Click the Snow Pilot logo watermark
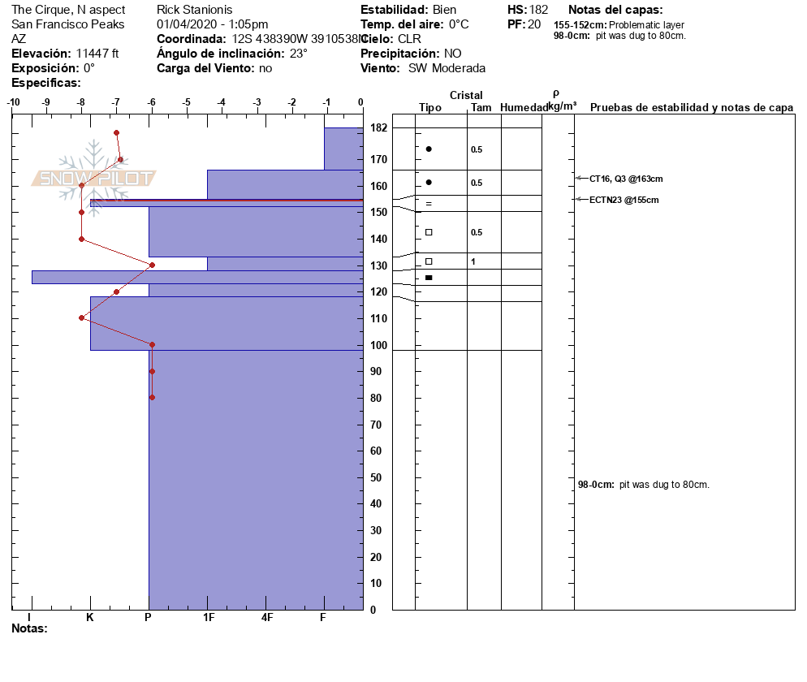click(x=94, y=178)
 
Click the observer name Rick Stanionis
click(x=194, y=10)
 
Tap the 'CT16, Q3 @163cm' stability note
click(x=626, y=179)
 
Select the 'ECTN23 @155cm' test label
click(x=624, y=200)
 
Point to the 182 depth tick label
click(x=378, y=128)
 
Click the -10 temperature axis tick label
click(x=13, y=102)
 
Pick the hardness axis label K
click(x=90, y=617)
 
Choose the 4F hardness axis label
click(x=267, y=617)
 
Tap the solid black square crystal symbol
click(x=429, y=278)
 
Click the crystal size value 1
click(x=473, y=261)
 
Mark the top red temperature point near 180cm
click(x=117, y=132)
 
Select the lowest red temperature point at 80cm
click(x=152, y=397)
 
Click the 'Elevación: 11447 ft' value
click(x=65, y=54)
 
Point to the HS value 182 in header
click(x=538, y=10)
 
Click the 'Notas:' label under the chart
click(x=29, y=628)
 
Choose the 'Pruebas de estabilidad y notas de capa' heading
click(x=691, y=107)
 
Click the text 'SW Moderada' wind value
click(x=447, y=68)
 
